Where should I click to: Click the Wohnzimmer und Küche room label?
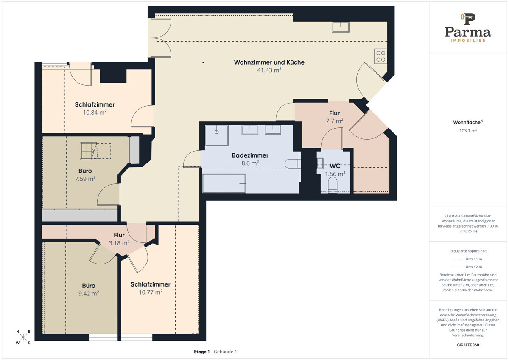point(269,62)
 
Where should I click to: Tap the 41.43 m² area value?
point(269,70)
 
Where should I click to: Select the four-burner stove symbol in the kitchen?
point(380,56)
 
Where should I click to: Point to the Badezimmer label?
point(250,155)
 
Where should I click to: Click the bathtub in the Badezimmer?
point(224,183)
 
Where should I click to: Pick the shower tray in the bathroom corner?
point(217,135)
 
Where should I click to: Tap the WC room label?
point(335,166)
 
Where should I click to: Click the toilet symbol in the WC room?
point(333,185)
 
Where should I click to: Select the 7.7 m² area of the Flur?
point(335,121)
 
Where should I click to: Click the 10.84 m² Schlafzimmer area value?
point(95,112)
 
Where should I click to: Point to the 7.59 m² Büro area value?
point(85,179)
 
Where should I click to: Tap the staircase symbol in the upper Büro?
point(89,151)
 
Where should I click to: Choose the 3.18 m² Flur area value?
point(119,243)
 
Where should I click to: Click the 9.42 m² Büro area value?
point(89,293)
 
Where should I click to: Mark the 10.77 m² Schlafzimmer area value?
point(151,292)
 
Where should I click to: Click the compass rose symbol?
point(23,337)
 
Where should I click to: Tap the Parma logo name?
point(468,32)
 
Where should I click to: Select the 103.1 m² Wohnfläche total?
point(468,130)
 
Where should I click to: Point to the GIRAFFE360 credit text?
point(468,345)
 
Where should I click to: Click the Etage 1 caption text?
point(201,352)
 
